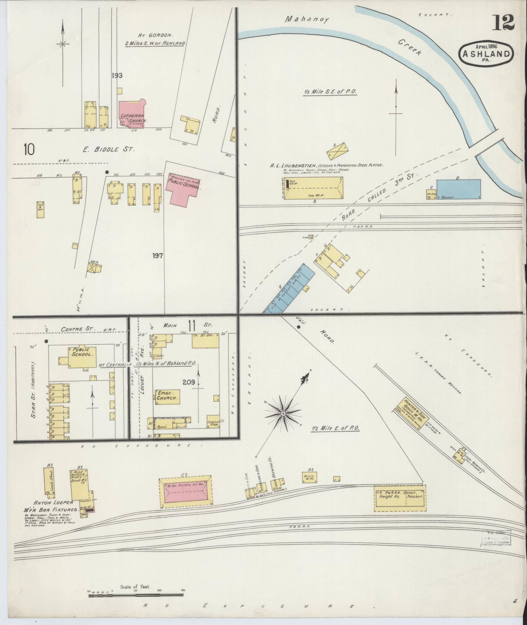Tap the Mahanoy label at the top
pos(307,19)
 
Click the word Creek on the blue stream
pos(411,47)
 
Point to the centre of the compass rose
pos(283,414)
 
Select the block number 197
pos(157,255)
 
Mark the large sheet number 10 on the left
pos(29,150)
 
